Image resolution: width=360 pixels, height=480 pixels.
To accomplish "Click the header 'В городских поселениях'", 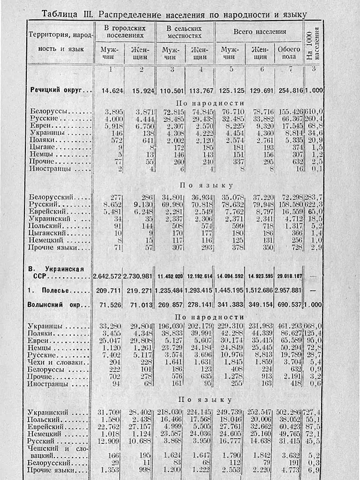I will pos(124,32).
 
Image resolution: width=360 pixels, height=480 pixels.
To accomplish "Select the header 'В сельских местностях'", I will pos(184,32).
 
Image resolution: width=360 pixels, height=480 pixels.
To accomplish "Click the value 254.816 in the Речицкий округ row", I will pos(289,90).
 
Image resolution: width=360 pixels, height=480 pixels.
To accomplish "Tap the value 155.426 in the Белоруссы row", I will pos(290,111).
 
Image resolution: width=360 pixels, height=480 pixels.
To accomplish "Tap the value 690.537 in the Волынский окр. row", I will pos(289,305).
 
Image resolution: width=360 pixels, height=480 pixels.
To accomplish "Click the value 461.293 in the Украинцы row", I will pos(290,326).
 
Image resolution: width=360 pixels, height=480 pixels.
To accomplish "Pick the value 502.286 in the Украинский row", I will pos(290,412).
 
